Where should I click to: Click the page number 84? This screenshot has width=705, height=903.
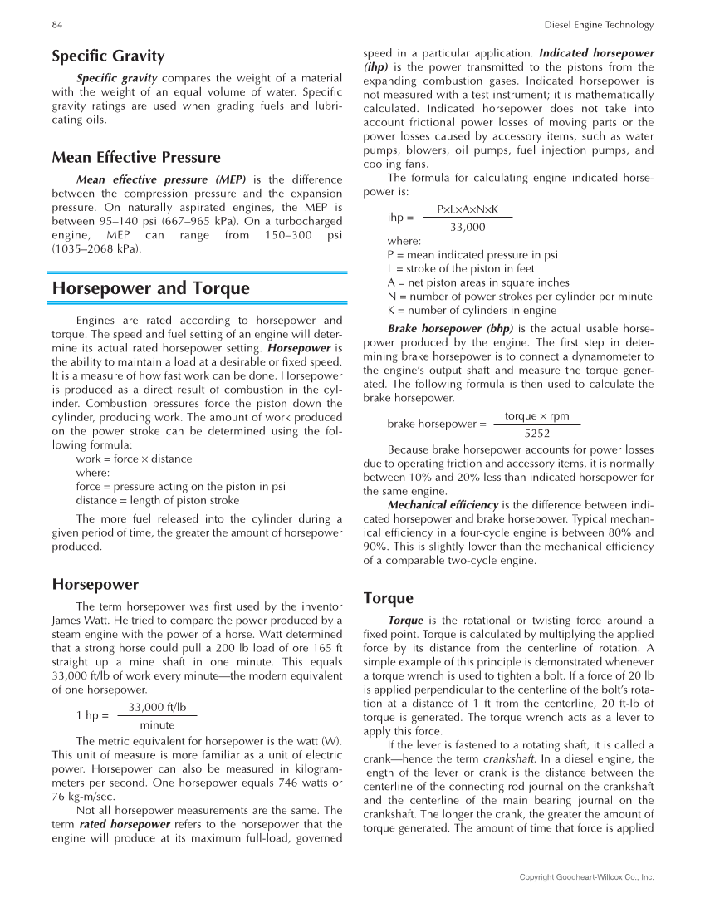point(57,25)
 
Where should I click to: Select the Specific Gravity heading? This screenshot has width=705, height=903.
point(108,56)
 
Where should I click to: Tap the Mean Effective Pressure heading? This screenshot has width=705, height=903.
point(136,157)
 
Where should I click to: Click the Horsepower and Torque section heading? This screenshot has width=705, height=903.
point(150,288)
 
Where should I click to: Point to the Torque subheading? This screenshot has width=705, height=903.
point(388,598)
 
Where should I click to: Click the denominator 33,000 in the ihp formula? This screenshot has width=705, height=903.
point(468,227)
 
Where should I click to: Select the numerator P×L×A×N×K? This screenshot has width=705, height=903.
point(468,211)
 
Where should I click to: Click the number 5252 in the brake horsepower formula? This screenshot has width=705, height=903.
point(536,433)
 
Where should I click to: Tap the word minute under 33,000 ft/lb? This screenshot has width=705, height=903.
point(157,724)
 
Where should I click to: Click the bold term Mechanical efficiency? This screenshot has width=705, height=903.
point(443,504)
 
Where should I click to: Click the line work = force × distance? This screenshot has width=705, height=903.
point(134,459)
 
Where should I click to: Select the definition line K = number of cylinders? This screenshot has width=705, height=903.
point(460,310)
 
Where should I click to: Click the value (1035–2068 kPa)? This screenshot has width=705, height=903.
point(96,248)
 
